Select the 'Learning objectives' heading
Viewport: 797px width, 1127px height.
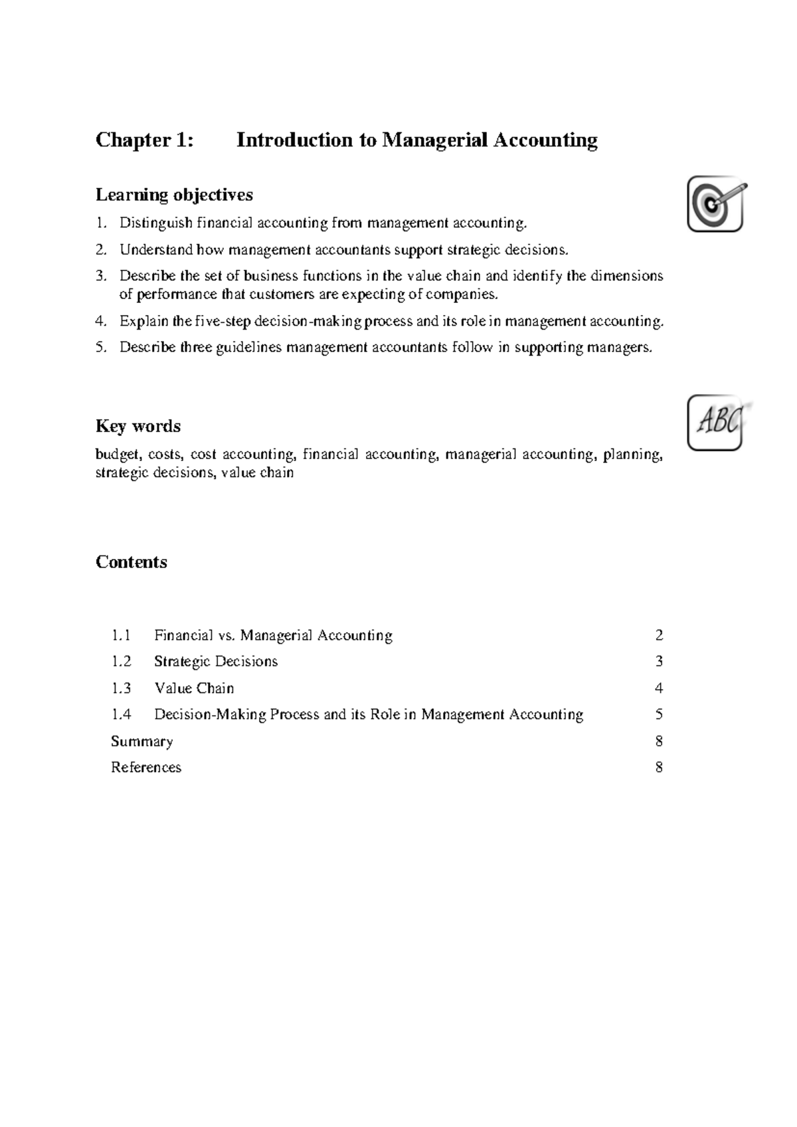coord(174,195)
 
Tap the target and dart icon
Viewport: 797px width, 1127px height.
coord(715,203)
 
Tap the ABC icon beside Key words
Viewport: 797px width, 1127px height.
coord(715,423)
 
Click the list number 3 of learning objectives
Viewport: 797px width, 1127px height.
coord(100,276)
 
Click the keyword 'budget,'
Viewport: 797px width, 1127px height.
coord(118,455)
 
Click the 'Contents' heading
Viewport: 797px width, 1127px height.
coord(132,562)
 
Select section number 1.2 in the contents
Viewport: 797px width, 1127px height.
coord(122,662)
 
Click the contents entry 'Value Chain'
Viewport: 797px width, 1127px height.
coord(194,688)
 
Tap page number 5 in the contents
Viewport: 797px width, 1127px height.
coord(659,715)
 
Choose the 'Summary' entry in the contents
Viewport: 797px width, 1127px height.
coord(141,742)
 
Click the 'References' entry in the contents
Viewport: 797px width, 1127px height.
coord(146,768)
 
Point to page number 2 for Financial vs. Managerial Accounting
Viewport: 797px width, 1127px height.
coord(659,636)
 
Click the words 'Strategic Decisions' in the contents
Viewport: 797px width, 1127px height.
coord(216,662)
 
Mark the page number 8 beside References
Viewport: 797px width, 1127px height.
coord(659,768)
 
